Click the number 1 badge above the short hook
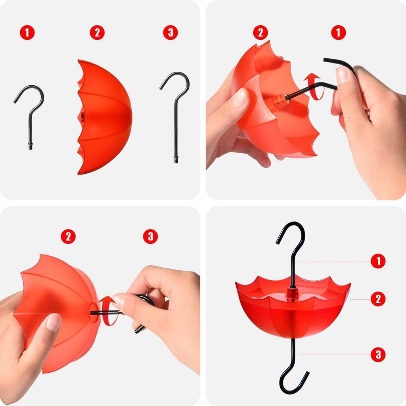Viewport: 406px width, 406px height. click(27, 33)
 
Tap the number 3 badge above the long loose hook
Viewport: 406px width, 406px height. click(170, 33)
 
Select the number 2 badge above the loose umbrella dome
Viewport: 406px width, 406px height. click(97, 33)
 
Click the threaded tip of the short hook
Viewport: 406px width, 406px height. click(30, 146)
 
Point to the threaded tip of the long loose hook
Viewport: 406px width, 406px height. click(176, 159)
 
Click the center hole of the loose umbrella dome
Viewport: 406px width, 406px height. click(82, 117)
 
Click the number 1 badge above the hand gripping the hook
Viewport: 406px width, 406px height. click(339, 33)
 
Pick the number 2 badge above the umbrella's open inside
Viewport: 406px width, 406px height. click(260, 33)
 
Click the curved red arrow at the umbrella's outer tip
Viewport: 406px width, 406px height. click(107, 310)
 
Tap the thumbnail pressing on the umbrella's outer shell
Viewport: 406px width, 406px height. click(54, 323)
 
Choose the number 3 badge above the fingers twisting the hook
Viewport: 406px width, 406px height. click(150, 236)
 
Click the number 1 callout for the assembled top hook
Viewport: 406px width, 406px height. click(378, 261)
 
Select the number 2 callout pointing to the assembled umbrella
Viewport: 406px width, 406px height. click(378, 299)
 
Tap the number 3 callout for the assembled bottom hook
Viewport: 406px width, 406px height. click(378, 354)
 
